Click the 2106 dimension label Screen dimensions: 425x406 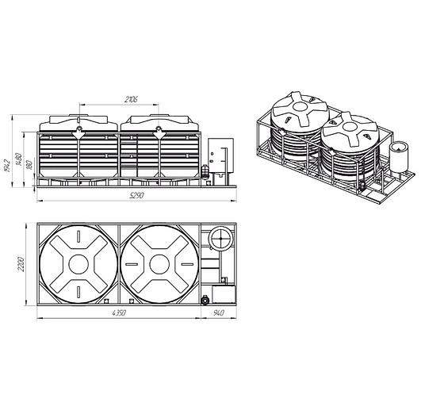131,99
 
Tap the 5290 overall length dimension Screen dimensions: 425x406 137,195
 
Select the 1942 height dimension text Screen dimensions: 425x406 7,165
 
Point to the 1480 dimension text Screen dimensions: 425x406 18,160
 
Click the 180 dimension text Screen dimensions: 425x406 29,165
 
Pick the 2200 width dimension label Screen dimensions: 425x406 21,264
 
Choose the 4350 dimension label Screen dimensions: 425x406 119,313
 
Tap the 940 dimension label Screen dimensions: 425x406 219,312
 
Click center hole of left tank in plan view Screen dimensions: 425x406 78,264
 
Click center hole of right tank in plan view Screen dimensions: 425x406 159,264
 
